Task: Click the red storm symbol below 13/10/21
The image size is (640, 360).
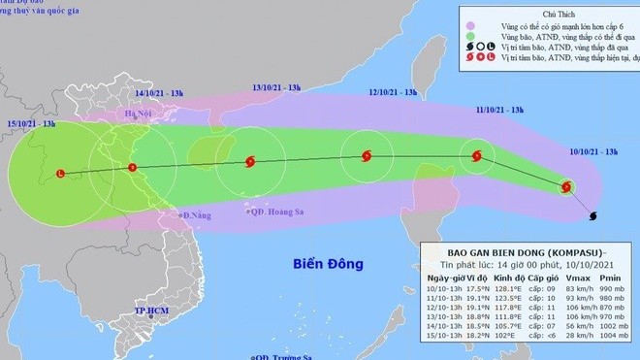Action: pyautogui.click(x=250, y=162)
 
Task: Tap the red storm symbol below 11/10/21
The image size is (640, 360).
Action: pyautogui.click(x=476, y=154)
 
